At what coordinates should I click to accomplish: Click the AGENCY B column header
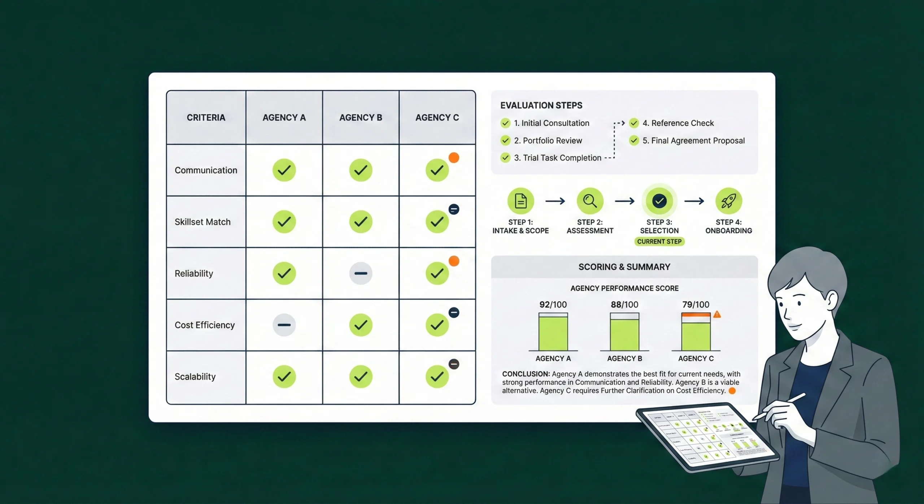(361, 118)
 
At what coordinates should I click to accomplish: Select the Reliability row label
(194, 273)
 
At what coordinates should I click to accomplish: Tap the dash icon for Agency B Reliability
(361, 273)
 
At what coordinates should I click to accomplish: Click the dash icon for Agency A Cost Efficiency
(284, 325)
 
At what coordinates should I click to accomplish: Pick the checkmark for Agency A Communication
(284, 170)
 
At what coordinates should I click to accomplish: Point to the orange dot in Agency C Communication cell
(454, 158)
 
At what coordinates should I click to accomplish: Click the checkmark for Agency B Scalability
(361, 377)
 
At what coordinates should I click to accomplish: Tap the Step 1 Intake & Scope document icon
(520, 201)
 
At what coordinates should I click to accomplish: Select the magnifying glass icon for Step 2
(590, 201)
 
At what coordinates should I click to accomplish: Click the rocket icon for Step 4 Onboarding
(728, 201)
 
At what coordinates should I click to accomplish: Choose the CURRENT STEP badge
(659, 242)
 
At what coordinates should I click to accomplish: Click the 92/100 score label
(553, 305)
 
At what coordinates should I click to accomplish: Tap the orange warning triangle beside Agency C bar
(717, 314)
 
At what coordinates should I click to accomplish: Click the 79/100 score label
(696, 305)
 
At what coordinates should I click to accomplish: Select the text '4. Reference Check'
(678, 123)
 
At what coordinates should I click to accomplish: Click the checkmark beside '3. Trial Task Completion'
(505, 158)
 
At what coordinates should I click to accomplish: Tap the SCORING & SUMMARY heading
(624, 267)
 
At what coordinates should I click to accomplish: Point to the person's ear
(831, 301)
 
